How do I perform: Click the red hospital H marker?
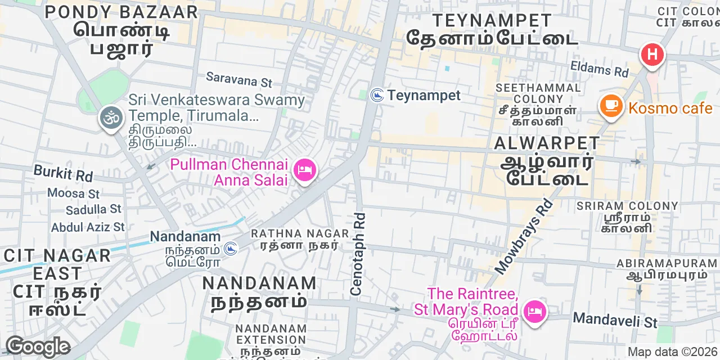coord(652,55)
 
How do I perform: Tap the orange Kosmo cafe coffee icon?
coord(611,105)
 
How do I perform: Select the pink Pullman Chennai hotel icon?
coord(305,169)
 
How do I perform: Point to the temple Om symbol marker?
coord(111,118)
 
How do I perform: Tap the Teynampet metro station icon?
coord(377,96)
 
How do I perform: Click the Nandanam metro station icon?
coord(230,247)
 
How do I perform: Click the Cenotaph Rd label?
coord(358,254)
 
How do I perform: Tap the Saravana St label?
coord(238,79)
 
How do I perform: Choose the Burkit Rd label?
coord(63,173)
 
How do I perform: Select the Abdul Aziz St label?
coord(88,227)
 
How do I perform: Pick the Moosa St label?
coord(73,193)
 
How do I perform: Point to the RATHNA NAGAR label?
coord(300,233)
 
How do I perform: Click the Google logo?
coord(37,346)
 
